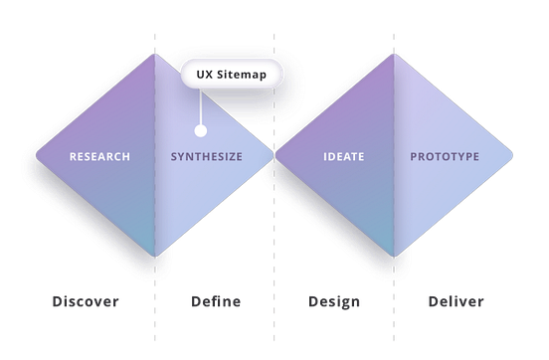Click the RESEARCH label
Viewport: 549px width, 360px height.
[99, 157]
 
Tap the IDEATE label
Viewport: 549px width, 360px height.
[343, 157]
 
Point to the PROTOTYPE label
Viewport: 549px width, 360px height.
[445, 157]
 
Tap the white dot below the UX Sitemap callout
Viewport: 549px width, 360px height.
[200, 129]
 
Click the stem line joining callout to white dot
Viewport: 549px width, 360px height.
[200, 107]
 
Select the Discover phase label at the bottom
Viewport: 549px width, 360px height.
[86, 301]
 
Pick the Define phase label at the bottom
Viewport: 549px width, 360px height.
[214, 301]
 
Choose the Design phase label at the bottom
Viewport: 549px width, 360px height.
[334, 301]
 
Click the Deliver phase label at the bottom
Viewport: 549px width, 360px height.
[456, 301]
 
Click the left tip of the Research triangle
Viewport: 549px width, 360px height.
[36, 156]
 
